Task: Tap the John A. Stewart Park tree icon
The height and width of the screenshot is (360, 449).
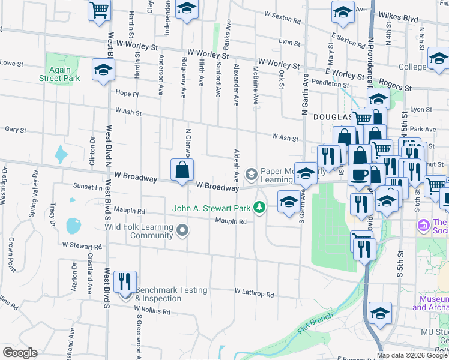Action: click(x=259, y=208)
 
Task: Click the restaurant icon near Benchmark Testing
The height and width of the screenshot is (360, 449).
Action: click(x=125, y=282)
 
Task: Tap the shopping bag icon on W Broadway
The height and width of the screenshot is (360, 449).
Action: click(x=182, y=171)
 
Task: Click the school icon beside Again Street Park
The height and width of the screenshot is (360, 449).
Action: click(x=103, y=70)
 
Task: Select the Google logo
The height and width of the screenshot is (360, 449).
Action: click(x=20, y=353)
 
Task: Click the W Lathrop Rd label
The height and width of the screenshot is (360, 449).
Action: click(x=254, y=295)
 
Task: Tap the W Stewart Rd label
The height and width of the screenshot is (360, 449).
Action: click(x=82, y=246)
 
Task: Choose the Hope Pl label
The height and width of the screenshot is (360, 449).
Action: click(x=127, y=94)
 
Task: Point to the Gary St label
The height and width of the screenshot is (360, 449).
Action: click(x=14, y=130)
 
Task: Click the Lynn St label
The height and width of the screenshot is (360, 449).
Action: click(x=289, y=42)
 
